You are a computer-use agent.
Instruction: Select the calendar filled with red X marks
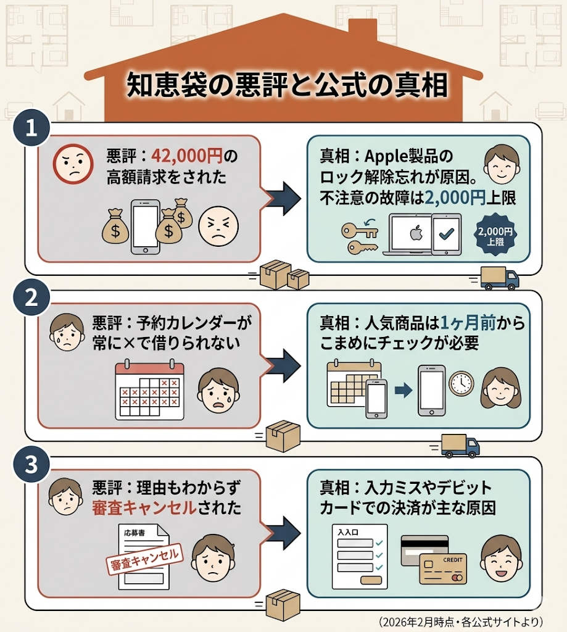[150, 391]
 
